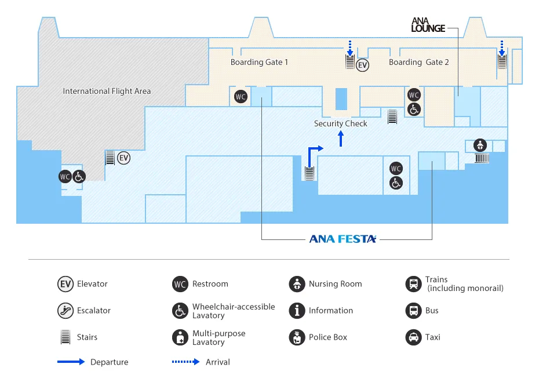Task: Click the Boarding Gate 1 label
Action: pos(259,62)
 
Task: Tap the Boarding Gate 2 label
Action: pos(419,62)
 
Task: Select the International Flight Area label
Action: pos(107,91)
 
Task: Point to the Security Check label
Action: pos(341,123)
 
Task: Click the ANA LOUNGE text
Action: pos(428,24)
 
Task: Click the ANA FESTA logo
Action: pos(343,238)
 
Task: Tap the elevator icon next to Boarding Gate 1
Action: pos(363,65)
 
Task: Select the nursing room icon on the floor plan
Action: pos(479,144)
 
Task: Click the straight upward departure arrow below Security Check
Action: pos(341,139)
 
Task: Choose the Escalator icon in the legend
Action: pos(65,311)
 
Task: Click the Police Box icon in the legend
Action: pos(297,337)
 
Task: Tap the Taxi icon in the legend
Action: pos(413,337)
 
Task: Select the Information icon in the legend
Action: pos(297,311)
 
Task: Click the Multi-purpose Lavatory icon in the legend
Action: pos(180,337)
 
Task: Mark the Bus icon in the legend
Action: pos(413,311)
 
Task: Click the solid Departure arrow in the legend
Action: pos(71,362)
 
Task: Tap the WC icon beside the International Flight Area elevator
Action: pos(65,176)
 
